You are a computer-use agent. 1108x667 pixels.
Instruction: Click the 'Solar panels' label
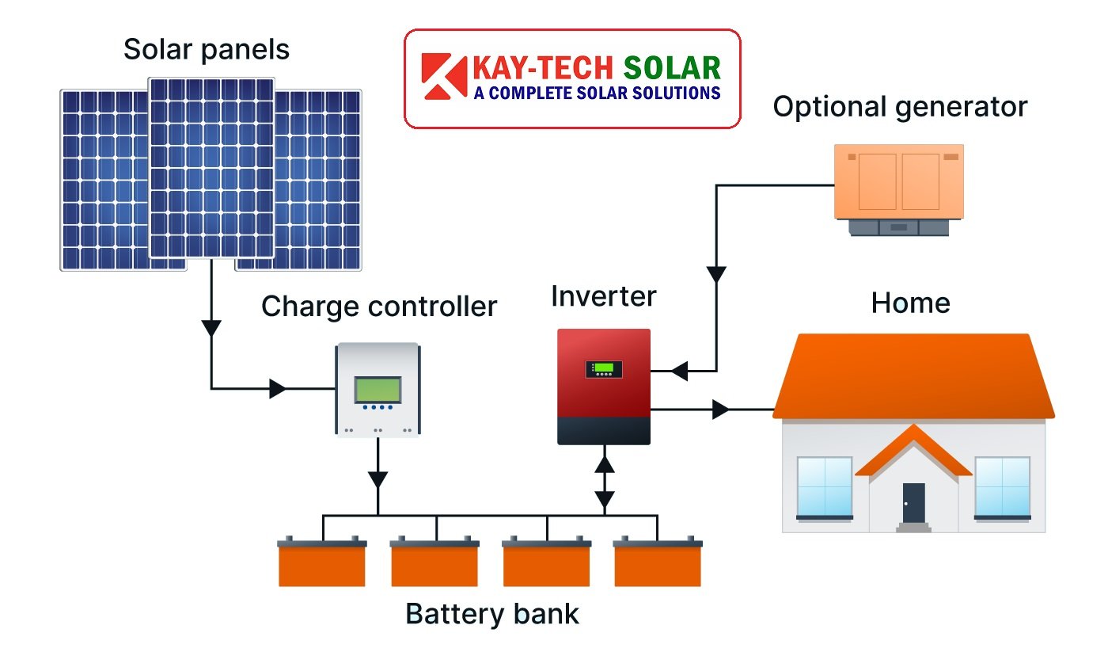pos(207,50)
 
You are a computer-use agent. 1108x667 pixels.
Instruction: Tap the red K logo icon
pos(445,78)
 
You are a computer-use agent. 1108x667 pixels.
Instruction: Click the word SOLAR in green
pos(672,67)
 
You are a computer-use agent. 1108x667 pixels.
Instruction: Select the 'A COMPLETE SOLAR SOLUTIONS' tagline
pos(597,93)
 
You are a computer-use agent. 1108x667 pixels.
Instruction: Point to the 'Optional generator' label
pos(900,106)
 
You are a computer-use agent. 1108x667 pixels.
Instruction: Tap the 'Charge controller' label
pos(379,306)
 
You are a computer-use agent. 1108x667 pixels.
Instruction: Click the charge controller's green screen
pos(378,389)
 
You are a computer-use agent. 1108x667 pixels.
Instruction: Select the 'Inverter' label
pos(604,296)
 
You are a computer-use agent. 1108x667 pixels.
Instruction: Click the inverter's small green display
pos(604,368)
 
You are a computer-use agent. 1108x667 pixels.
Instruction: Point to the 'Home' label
pos(910,303)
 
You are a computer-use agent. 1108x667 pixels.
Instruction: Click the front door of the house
pos(913,502)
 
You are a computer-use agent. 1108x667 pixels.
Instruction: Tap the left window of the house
pos(824,486)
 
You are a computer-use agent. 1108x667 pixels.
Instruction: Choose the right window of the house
pos(1002,486)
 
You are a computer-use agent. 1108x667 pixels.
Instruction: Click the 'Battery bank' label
pos(492,614)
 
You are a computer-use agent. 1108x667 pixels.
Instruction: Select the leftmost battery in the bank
pos(322,563)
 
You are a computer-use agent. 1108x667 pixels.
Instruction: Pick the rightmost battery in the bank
pos(658,563)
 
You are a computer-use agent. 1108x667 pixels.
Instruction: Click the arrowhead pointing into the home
pos(719,410)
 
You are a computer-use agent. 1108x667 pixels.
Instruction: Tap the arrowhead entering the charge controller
pos(278,389)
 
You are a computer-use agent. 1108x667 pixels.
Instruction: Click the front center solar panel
pos(211,167)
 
